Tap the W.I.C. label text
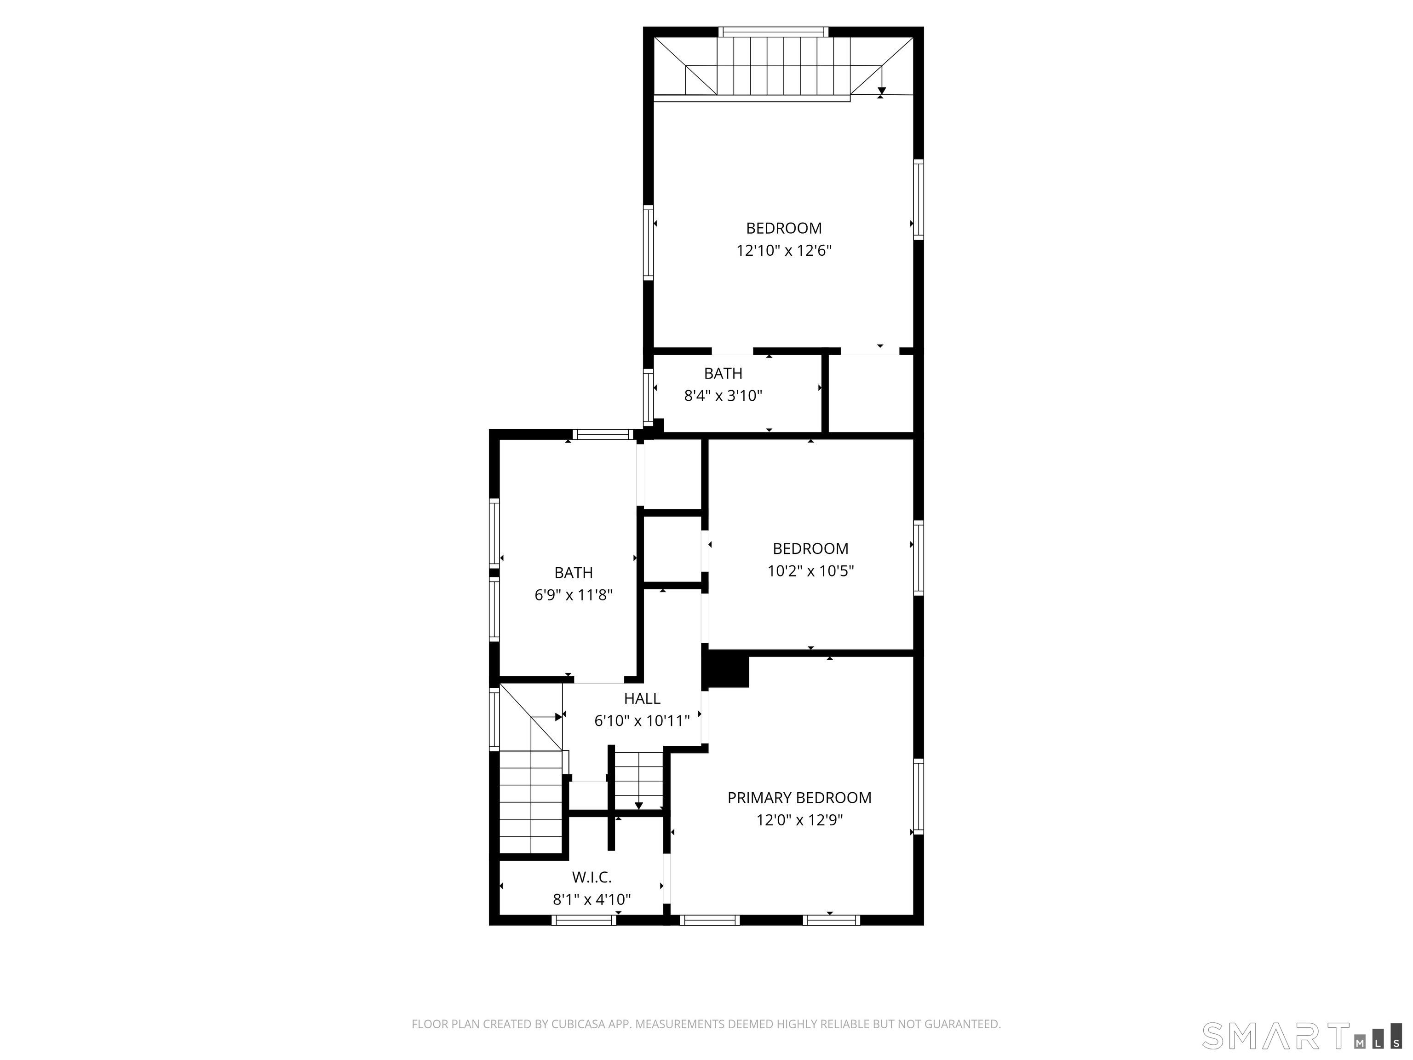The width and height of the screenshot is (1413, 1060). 592,877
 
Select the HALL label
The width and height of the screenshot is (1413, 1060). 642,698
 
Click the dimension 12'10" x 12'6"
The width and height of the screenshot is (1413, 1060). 784,250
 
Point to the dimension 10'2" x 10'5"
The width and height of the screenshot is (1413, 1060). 810,570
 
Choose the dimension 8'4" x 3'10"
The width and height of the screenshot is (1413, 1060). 723,396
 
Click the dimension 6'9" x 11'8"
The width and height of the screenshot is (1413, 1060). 573,595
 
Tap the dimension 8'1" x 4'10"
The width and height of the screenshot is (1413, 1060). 592,899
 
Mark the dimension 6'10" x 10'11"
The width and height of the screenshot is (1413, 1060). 642,721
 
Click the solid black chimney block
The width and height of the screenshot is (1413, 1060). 726,669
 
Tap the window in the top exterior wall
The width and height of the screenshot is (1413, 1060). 774,32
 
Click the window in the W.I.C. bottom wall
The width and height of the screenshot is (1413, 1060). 584,920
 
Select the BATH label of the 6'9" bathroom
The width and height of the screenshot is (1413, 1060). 573,572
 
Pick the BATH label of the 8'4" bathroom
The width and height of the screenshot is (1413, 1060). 723,373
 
